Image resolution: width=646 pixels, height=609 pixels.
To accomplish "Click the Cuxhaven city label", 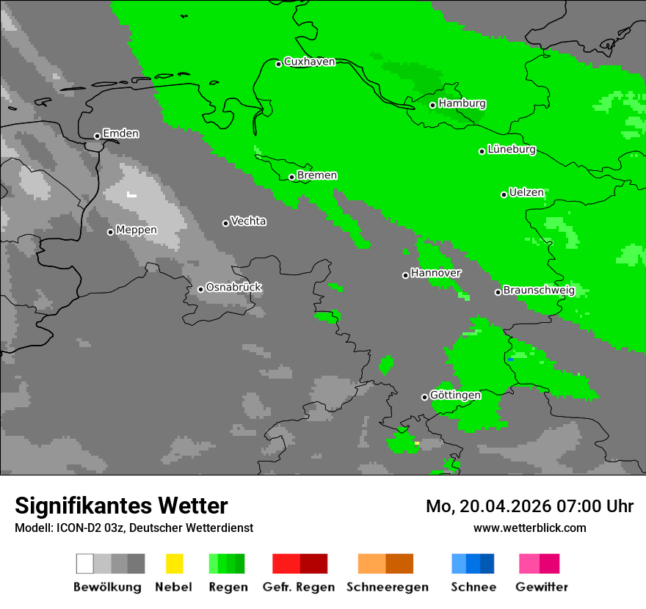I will coord(309,62).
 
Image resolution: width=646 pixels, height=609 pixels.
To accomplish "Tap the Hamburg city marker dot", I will coord(433,105).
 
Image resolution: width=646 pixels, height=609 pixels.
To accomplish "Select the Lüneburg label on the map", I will coord(512,150).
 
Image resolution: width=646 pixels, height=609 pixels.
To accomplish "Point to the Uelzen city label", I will coord(526,193).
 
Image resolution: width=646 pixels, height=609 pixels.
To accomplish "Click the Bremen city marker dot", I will coord(291,177).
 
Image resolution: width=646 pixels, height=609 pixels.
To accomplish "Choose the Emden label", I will coord(120,134).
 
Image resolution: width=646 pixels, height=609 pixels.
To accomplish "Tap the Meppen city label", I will coord(137,230).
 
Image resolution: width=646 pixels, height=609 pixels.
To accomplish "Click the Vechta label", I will coord(248,222).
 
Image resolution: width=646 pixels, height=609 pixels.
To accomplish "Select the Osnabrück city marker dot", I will coord(200,289).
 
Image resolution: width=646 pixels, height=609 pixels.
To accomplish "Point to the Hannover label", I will coord(436,273).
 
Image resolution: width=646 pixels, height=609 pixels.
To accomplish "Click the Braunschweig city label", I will coord(539,291).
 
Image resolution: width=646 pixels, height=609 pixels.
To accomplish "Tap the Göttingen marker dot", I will coord(424,397).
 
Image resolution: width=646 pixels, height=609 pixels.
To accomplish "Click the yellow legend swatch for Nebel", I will coord(174,564).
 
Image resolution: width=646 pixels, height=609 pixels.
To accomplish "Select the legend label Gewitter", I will coord(542,587).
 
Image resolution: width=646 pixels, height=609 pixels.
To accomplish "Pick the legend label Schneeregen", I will coord(388,587).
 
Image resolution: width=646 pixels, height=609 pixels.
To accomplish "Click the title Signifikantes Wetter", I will coord(121,506).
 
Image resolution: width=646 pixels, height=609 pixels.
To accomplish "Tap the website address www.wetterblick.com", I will coord(530,528).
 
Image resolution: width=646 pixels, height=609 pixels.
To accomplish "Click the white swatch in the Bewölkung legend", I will coord(85,564).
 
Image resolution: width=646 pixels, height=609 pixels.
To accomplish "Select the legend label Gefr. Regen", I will coord(299,587).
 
